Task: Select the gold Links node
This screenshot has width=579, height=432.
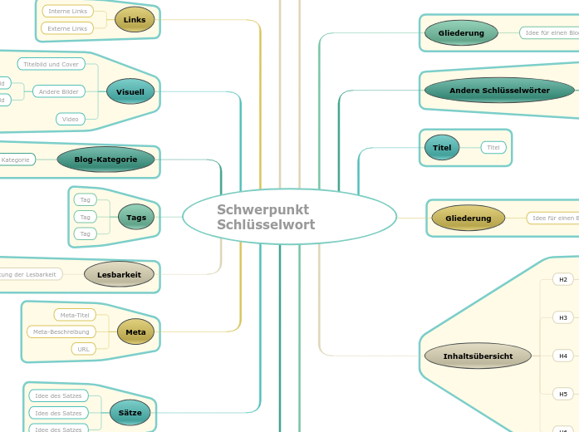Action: [x=135, y=19]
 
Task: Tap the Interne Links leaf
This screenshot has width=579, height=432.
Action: [x=67, y=12]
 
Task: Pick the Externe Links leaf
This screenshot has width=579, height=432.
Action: [x=67, y=28]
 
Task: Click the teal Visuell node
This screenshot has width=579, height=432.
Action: [x=130, y=91]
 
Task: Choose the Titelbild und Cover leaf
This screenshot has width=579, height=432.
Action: [x=52, y=64]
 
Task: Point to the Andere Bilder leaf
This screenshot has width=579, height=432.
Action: [x=59, y=91]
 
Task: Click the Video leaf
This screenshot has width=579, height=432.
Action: [x=71, y=119]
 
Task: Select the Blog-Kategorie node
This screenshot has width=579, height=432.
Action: [x=105, y=160]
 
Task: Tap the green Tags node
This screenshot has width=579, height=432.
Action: [x=136, y=218]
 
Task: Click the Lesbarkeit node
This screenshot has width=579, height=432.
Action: [x=119, y=274]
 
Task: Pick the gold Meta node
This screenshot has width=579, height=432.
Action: [x=135, y=332]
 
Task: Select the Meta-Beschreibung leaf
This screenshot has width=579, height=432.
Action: [x=61, y=331]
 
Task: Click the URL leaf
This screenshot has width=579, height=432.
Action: [x=84, y=349]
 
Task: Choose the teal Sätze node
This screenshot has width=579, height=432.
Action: [x=130, y=412]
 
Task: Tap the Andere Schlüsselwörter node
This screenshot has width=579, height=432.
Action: [x=498, y=90]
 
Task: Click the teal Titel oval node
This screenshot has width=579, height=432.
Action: [x=442, y=148]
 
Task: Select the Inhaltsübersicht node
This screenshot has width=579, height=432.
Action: [x=478, y=356]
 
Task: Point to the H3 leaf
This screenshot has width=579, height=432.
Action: [x=563, y=317]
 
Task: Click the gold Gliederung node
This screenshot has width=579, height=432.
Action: [x=469, y=218]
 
